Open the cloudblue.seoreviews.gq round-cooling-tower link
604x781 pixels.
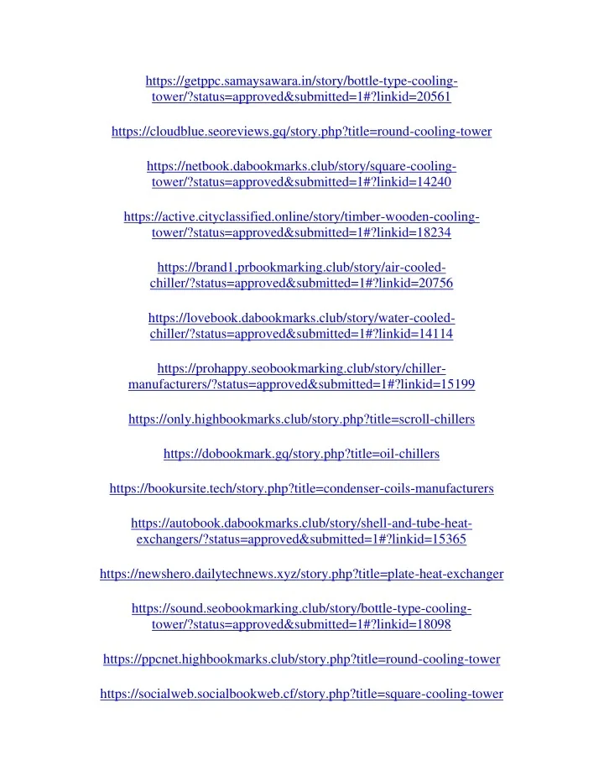pos(301,132)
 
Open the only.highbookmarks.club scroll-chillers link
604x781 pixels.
pos(301,419)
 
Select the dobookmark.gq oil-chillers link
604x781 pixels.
pos(301,454)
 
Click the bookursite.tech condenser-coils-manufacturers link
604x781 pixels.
pos(301,488)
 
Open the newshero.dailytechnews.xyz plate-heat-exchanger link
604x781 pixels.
pos(301,575)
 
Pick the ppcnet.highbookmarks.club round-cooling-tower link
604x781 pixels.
pos(301,659)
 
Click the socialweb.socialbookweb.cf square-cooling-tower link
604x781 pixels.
pos(301,694)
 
